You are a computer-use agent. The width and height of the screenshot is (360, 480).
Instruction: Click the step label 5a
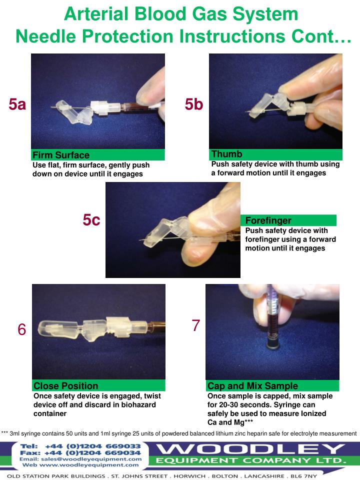point(17,104)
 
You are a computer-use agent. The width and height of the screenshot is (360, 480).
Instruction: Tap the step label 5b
point(194,104)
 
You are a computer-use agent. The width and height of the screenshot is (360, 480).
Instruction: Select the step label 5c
point(91,220)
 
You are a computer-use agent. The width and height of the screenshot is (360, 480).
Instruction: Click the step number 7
point(196,325)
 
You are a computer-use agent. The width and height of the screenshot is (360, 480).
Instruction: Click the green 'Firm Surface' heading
point(61,155)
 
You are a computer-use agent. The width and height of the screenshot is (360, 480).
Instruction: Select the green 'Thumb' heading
point(226,154)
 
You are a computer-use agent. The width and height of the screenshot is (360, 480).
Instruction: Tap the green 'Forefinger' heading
point(268,220)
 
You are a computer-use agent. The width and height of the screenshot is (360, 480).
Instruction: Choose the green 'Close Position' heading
point(65,385)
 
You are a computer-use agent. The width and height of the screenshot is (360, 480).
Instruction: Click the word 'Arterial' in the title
point(94,14)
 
